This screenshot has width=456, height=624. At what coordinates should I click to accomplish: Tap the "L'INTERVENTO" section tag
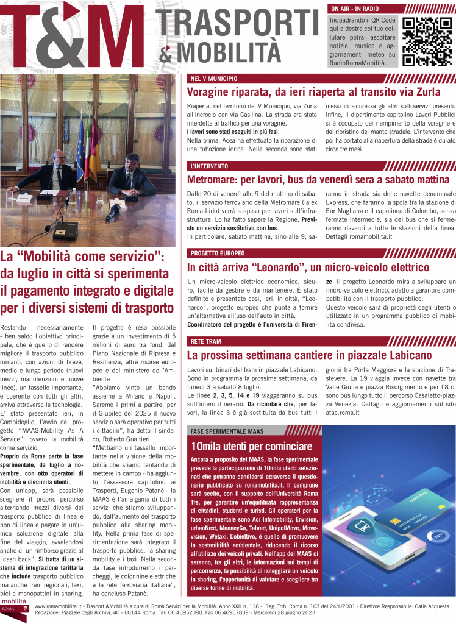pos(209,166)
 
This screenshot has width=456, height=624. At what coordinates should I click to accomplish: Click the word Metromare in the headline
pos(215,180)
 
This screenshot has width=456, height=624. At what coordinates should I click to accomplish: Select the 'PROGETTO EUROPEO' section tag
pos(218,253)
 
